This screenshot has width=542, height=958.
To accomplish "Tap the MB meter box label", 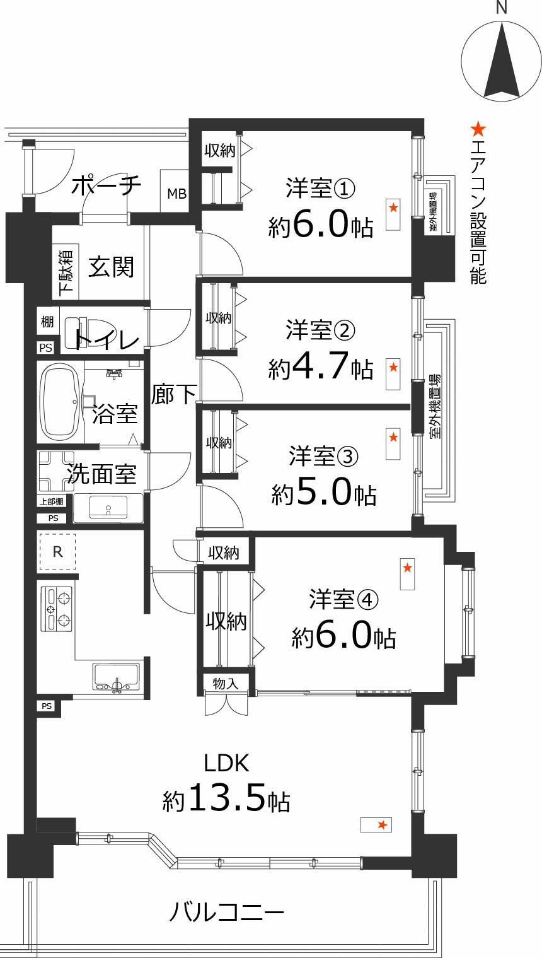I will point(176,194).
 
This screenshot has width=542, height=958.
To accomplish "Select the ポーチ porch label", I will point(106,186).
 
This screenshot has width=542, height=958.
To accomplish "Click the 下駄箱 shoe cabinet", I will point(65,272).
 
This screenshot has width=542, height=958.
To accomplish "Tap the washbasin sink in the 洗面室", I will point(108,508).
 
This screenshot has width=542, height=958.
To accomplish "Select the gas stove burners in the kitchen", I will point(57,609).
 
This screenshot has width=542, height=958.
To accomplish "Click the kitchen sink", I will point(116,677).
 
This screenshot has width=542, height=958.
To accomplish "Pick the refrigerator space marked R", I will point(57,551).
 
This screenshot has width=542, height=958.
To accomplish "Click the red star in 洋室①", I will point(393,207).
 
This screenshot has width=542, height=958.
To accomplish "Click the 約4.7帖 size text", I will point(320,368).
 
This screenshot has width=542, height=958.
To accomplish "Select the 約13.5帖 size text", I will point(226,800).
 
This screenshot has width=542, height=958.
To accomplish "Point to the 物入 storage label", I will point(225,683).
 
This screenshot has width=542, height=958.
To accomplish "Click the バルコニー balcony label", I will point(226,913).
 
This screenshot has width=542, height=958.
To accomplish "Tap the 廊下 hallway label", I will point(173,395).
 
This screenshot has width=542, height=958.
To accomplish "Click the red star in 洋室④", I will point(408,568).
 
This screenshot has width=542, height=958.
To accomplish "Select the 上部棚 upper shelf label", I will point(51,502).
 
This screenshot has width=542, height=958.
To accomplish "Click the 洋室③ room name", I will point(323,457).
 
